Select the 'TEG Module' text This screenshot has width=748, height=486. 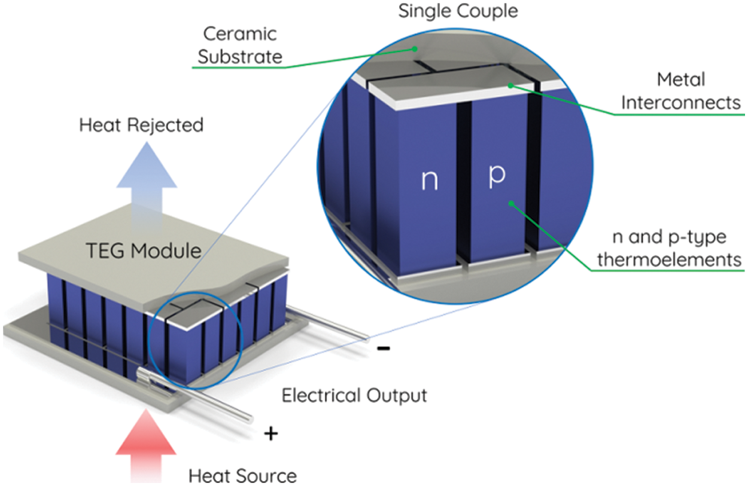coord(141,250)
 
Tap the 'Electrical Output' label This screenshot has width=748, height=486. coord(354,396)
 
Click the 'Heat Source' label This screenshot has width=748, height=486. coord(242,476)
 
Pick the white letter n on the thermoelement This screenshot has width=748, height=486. coord(428,180)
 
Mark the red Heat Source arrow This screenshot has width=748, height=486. coord(145,445)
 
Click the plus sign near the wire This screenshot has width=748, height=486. coord(271,433)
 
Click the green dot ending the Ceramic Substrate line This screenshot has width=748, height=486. coord(412,48)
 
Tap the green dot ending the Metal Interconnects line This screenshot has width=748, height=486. coord(510,85)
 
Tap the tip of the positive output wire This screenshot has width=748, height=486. coord(250,418)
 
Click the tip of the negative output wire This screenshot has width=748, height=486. coord(365,336)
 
